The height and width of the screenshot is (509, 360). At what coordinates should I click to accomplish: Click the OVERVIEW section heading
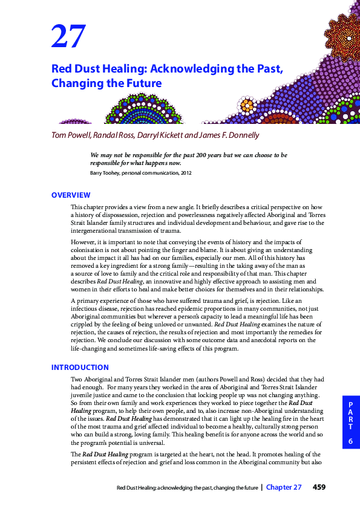(71, 195)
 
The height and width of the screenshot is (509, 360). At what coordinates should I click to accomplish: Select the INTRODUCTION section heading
(80, 367)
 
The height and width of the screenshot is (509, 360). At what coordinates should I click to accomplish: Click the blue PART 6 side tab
(350, 423)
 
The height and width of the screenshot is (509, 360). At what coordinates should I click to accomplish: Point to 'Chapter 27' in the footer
(284, 487)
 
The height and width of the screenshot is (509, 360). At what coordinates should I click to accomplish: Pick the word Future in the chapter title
(142, 83)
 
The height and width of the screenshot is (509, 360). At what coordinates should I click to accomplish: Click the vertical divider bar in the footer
(261, 487)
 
